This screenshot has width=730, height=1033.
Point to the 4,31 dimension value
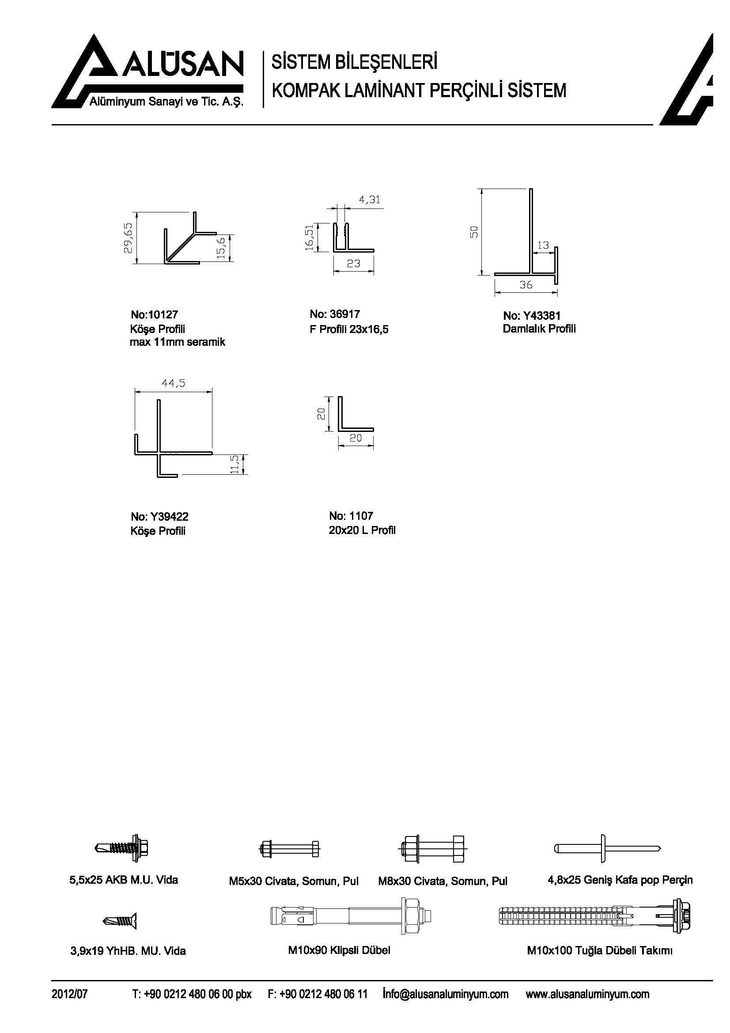[369, 199]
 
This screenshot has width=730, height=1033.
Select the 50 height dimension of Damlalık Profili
[473, 232]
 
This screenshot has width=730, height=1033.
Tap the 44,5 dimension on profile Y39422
[173, 383]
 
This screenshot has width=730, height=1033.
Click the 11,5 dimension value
[234, 464]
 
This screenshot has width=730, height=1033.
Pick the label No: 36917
[335, 314]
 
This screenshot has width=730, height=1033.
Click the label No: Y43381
[532, 315]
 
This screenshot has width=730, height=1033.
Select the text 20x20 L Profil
[362, 530]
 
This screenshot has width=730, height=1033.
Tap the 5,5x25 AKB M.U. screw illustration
[122, 848]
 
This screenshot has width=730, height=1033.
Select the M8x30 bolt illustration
[433, 848]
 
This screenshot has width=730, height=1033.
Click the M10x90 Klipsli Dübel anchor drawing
[354, 917]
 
